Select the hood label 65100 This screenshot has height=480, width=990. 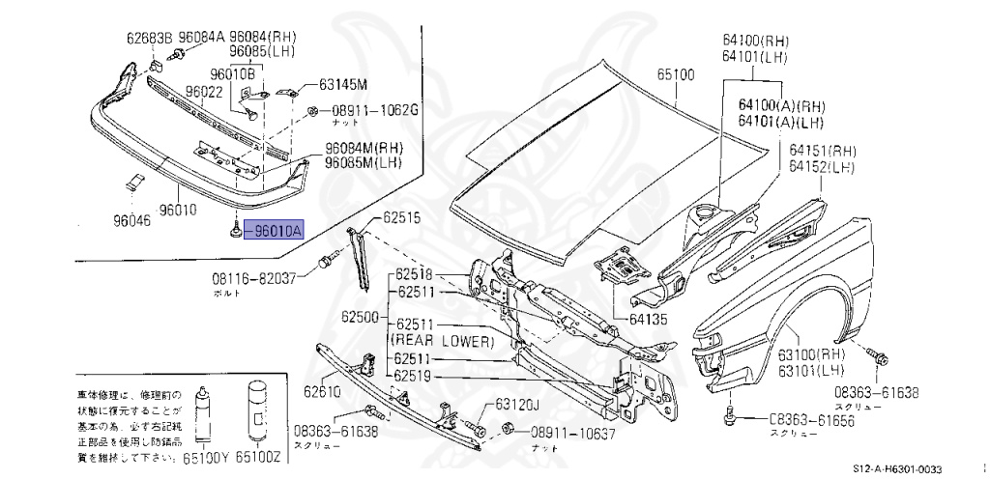[x=676, y=73]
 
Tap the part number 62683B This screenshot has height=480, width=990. [x=149, y=39]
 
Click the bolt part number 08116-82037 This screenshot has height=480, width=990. [x=255, y=278]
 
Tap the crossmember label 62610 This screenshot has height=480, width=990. [x=322, y=391]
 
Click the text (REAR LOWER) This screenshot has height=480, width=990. [x=442, y=341]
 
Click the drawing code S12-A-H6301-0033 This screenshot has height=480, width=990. [x=896, y=469]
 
